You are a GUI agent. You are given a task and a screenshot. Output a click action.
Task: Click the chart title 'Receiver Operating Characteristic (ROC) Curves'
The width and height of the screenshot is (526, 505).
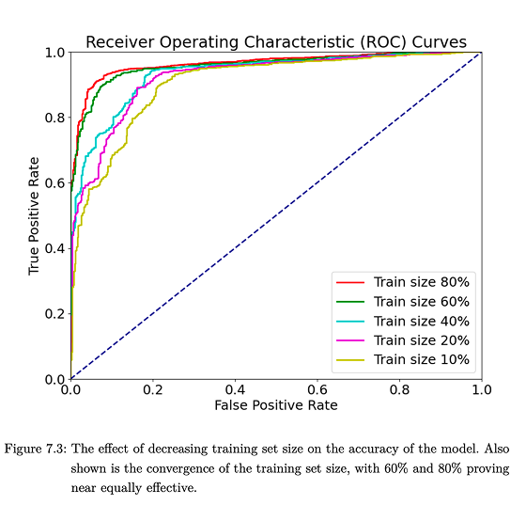276,40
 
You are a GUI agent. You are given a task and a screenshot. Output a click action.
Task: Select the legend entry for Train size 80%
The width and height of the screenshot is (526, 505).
421,282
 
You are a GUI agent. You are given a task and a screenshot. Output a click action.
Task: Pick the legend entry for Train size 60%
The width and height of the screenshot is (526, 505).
421,302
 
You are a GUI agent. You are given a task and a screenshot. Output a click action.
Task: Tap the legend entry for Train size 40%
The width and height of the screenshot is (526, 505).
421,321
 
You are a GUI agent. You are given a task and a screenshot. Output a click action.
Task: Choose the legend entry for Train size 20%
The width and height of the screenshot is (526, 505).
421,340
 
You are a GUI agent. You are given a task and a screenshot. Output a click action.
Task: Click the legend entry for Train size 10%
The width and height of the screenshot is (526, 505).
421,360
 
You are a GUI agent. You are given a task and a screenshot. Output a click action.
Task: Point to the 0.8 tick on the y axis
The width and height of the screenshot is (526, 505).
55,118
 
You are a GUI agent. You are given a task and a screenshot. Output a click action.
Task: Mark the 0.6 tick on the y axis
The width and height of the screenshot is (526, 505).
55,183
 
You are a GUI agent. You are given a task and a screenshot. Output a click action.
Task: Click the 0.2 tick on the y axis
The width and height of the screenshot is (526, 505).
55,314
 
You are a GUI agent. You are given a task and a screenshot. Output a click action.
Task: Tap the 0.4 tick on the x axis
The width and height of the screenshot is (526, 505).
235,389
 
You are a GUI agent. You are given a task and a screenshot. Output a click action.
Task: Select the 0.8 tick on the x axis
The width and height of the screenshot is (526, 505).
399,389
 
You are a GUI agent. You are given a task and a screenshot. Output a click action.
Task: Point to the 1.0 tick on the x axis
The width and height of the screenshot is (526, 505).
481,389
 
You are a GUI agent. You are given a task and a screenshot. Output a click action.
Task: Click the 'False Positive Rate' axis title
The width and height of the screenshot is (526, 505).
275,405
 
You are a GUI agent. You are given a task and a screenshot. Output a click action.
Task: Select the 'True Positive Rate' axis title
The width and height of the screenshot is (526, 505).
35,215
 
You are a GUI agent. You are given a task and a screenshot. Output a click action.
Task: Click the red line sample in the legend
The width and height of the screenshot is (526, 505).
351,282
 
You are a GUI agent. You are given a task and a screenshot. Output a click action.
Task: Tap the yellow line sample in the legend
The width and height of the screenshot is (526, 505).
351,360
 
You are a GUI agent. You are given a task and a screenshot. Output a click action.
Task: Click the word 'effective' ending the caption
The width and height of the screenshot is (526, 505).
176,488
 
